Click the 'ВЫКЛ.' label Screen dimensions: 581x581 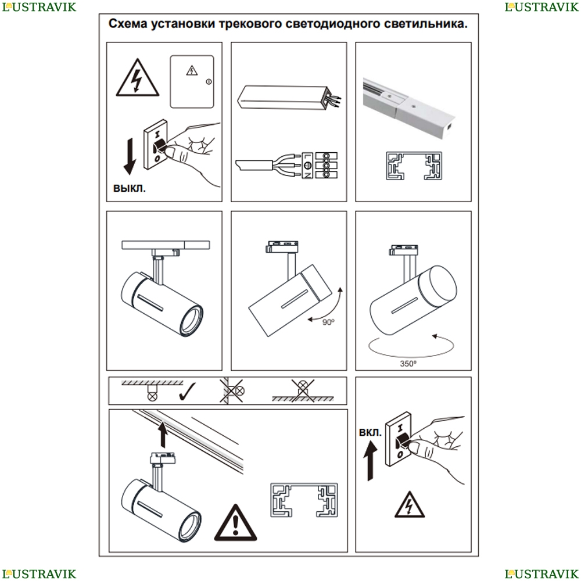click(130, 188)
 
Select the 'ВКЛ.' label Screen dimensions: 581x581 click(370, 432)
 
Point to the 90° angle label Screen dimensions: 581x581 click(328, 322)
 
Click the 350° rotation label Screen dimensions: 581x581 click(408, 364)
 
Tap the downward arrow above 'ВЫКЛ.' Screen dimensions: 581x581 click(130, 156)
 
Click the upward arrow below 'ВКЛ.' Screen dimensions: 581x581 click(370, 462)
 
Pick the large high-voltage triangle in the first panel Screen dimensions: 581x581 click(138, 78)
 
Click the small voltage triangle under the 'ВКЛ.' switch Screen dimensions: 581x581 click(410, 505)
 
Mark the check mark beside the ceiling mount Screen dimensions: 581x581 click(187, 392)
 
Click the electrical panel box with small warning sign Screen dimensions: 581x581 click(192, 82)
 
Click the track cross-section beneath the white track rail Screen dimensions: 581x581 click(414, 166)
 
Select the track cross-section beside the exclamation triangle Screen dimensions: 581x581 click(304, 500)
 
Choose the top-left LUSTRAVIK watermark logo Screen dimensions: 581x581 click(39, 7)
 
